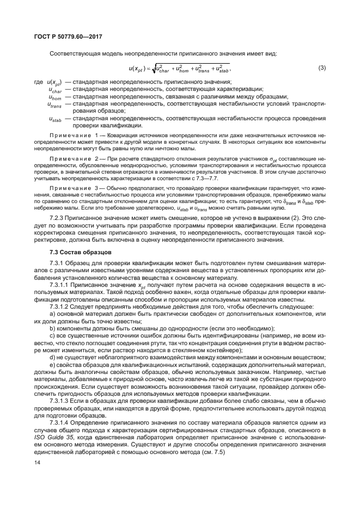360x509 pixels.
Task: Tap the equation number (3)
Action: point(322,68)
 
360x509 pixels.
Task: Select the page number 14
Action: point(38,462)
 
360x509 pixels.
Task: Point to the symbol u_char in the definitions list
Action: point(54,89)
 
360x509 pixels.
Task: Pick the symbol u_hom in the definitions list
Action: point(54,96)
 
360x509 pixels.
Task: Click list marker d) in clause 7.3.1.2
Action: point(52,358)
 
